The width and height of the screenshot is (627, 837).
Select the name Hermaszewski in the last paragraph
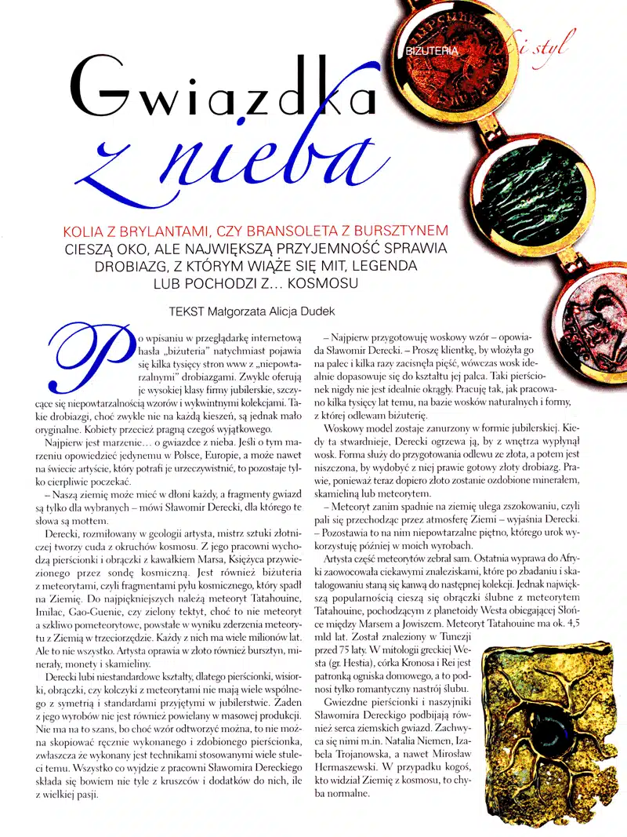tap(348, 764)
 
